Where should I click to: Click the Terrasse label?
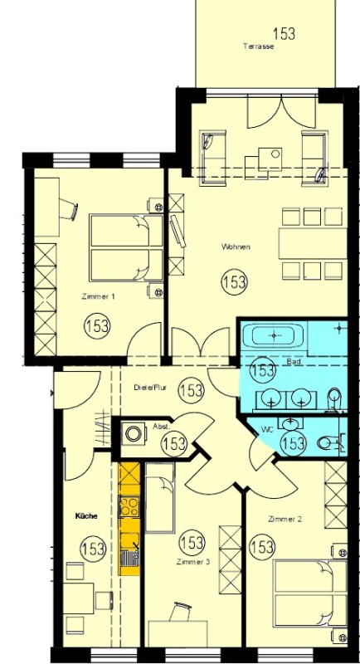[x=259, y=46]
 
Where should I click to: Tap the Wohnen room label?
[x=236, y=247]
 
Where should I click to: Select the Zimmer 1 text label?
[x=98, y=297]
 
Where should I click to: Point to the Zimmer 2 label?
[x=285, y=519]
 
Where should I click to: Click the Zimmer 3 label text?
[x=193, y=562]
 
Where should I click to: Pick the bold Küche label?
[x=86, y=516]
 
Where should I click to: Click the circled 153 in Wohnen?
[x=235, y=281]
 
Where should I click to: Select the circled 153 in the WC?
[x=293, y=443]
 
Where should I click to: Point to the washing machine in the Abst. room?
[x=134, y=433]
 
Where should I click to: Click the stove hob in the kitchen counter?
[x=129, y=506]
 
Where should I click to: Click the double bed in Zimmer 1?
[x=126, y=247]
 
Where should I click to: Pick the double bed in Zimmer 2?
[x=310, y=593]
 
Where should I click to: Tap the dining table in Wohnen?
[x=313, y=243]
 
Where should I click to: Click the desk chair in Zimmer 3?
[x=181, y=612]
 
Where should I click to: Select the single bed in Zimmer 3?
[x=159, y=498]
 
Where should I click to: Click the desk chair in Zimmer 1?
[x=68, y=209]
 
